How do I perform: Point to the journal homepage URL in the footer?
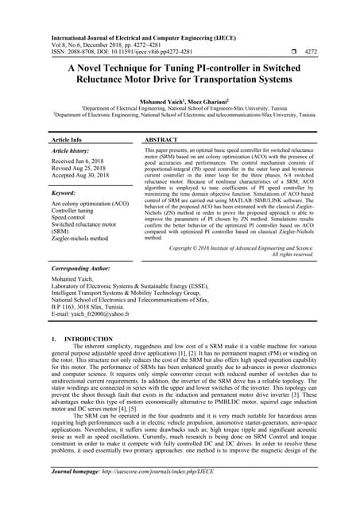[164, 493]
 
